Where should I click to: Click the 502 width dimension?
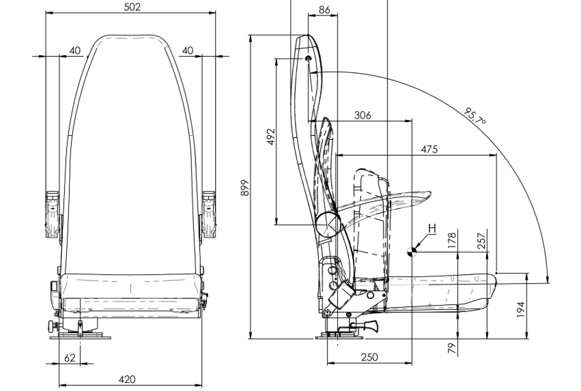(132, 7)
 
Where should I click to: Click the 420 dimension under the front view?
(127, 379)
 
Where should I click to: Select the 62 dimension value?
(70, 358)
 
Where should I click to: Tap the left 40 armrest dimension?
(75, 50)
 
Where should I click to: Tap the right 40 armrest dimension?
(188, 50)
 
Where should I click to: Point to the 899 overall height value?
(244, 188)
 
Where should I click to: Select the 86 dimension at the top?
(324, 10)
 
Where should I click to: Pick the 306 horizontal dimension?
(363, 115)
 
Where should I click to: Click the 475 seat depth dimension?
(429, 149)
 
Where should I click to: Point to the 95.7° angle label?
(474, 117)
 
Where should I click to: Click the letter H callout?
(431, 227)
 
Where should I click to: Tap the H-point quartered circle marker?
(412, 251)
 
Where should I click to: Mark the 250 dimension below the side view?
(369, 358)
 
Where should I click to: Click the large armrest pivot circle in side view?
(326, 224)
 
